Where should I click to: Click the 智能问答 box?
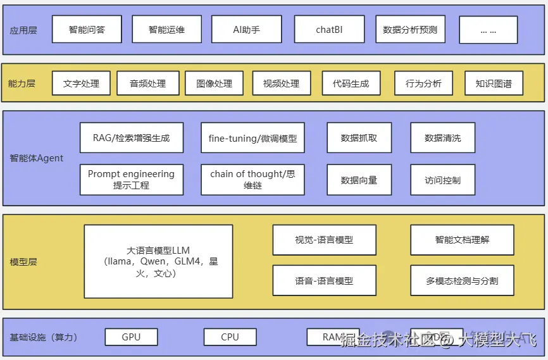(x=87, y=30)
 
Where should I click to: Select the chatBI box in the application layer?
(x=329, y=30)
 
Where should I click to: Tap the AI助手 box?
(x=246, y=30)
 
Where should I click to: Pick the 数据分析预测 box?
(x=410, y=30)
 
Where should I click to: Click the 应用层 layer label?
(x=23, y=30)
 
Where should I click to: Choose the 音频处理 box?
(x=147, y=84)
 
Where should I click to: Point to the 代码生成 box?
(x=351, y=84)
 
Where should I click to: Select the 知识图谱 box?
(x=494, y=84)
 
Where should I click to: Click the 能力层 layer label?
(x=22, y=84)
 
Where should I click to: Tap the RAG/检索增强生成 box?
(x=132, y=138)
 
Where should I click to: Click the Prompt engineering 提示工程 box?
(x=132, y=180)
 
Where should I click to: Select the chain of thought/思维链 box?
(x=252, y=180)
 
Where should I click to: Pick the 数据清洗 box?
(x=442, y=138)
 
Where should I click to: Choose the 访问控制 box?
(x=442, y=180)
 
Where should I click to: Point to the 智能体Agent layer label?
(x=37, y=158)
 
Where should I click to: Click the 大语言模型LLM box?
(x=158, y=261)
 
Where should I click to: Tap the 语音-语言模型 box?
(x=324, y=281)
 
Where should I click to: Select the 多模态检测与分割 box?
(x=462, y=281)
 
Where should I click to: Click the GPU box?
(x=131, y=337)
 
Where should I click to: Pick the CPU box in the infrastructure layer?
(x=230, y=337)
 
